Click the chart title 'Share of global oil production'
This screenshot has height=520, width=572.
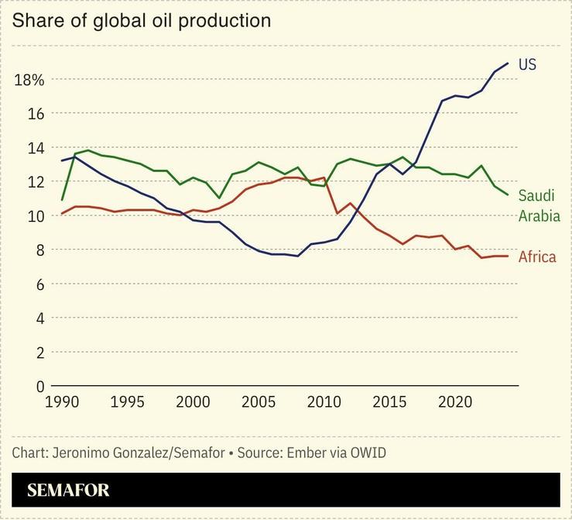tap(142, 21)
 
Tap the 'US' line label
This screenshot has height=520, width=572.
tap(527, 64)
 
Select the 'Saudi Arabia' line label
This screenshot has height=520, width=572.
tap(539, 205)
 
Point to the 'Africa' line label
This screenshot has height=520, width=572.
tap(537, 257)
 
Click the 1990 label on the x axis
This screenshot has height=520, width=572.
tap(63, 403)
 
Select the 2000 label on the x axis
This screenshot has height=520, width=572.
tap(194, 403)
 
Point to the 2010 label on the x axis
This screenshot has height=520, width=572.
tap(324, 403)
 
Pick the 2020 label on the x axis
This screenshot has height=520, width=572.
tap(455, 403)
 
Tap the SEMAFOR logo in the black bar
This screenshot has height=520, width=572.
tap(68, 490)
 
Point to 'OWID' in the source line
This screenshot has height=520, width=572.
tap(368, 453)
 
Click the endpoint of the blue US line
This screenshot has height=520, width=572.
tap(508, 63)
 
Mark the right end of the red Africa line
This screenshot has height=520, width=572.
tap(508, 256)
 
